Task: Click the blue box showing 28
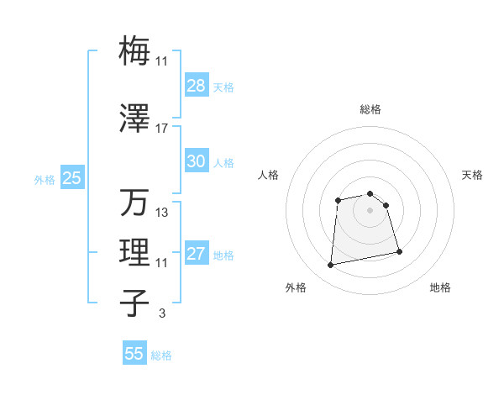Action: tap(196, 86)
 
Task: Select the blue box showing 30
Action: tap(196, 161)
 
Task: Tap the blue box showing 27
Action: tap(196, 254)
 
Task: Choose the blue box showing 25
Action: tap(71, 178)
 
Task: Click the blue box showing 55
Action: tap(134, 354)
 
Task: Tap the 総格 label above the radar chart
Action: tap(370, 109)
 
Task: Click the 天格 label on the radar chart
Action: tap(472, 175)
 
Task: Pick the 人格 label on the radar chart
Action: tap(268, 175)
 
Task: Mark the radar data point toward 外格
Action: tap(331, 266)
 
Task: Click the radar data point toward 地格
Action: tap(399, 251)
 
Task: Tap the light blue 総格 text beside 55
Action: tap(161, 355)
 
